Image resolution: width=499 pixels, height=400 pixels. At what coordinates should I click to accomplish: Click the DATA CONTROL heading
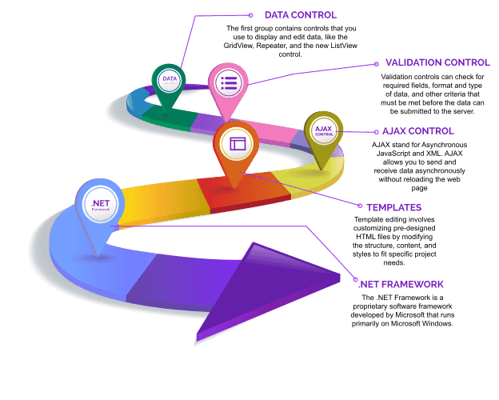(x=300, y=14)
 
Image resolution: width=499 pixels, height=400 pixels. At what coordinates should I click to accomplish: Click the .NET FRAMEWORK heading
(x=401, y=284)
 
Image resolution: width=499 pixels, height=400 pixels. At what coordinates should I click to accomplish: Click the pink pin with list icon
(x=227, y=83)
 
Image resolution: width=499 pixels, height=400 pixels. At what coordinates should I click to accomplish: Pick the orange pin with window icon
(x=238, y=146)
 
